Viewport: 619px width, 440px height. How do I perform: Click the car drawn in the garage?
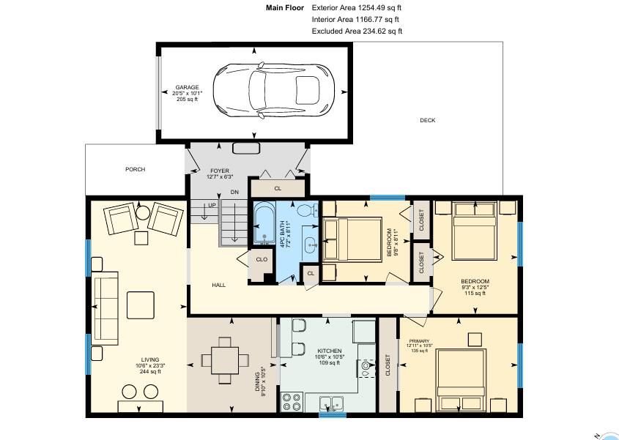pos(273,92)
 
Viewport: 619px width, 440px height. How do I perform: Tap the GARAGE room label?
pos(187,87)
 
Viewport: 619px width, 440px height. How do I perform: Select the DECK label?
pos(428,120)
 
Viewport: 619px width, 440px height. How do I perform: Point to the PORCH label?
pos(136,169)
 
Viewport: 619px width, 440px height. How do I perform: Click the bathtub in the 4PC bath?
pos(264,223)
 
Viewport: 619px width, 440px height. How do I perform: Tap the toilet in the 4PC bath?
pos(307,211)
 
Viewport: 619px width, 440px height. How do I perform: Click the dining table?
pos(225,360)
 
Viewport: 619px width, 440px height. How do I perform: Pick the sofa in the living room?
pos(105,308)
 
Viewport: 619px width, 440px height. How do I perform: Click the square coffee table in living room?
pos(141,305)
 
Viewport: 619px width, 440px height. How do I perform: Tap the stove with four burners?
pos(292,402)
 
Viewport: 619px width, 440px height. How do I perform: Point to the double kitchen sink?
pos(331,403)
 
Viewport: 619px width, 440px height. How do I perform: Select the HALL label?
pos(219,285)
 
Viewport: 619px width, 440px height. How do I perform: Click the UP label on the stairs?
pos(212,205)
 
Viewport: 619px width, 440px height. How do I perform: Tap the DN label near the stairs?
pos(234,192)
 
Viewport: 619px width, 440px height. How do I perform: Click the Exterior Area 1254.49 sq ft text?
pos(357,7)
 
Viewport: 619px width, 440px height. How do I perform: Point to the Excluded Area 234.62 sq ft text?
pos(357,31)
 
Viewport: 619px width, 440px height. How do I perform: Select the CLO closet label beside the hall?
pos(262,259)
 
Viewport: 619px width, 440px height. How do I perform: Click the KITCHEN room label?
pos(330,351)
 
